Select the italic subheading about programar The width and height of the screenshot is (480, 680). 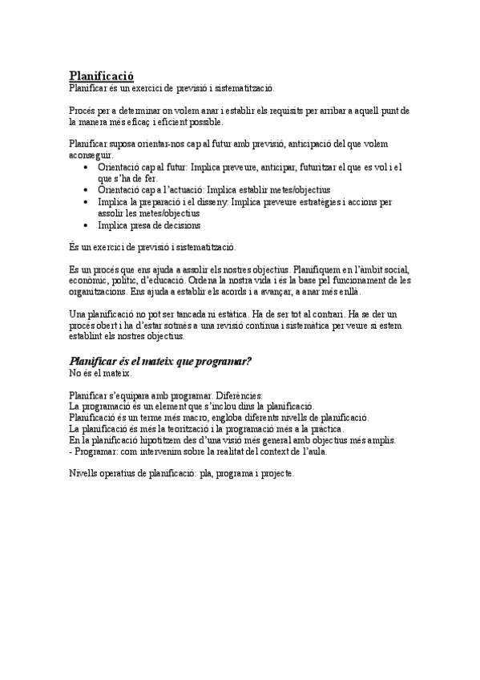(x=161, y=361)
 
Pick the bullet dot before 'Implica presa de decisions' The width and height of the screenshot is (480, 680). (x=87, y=225)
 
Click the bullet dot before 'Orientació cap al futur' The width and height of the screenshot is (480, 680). (x=87, y=167)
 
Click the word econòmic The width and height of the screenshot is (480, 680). (x=91, y=281)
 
